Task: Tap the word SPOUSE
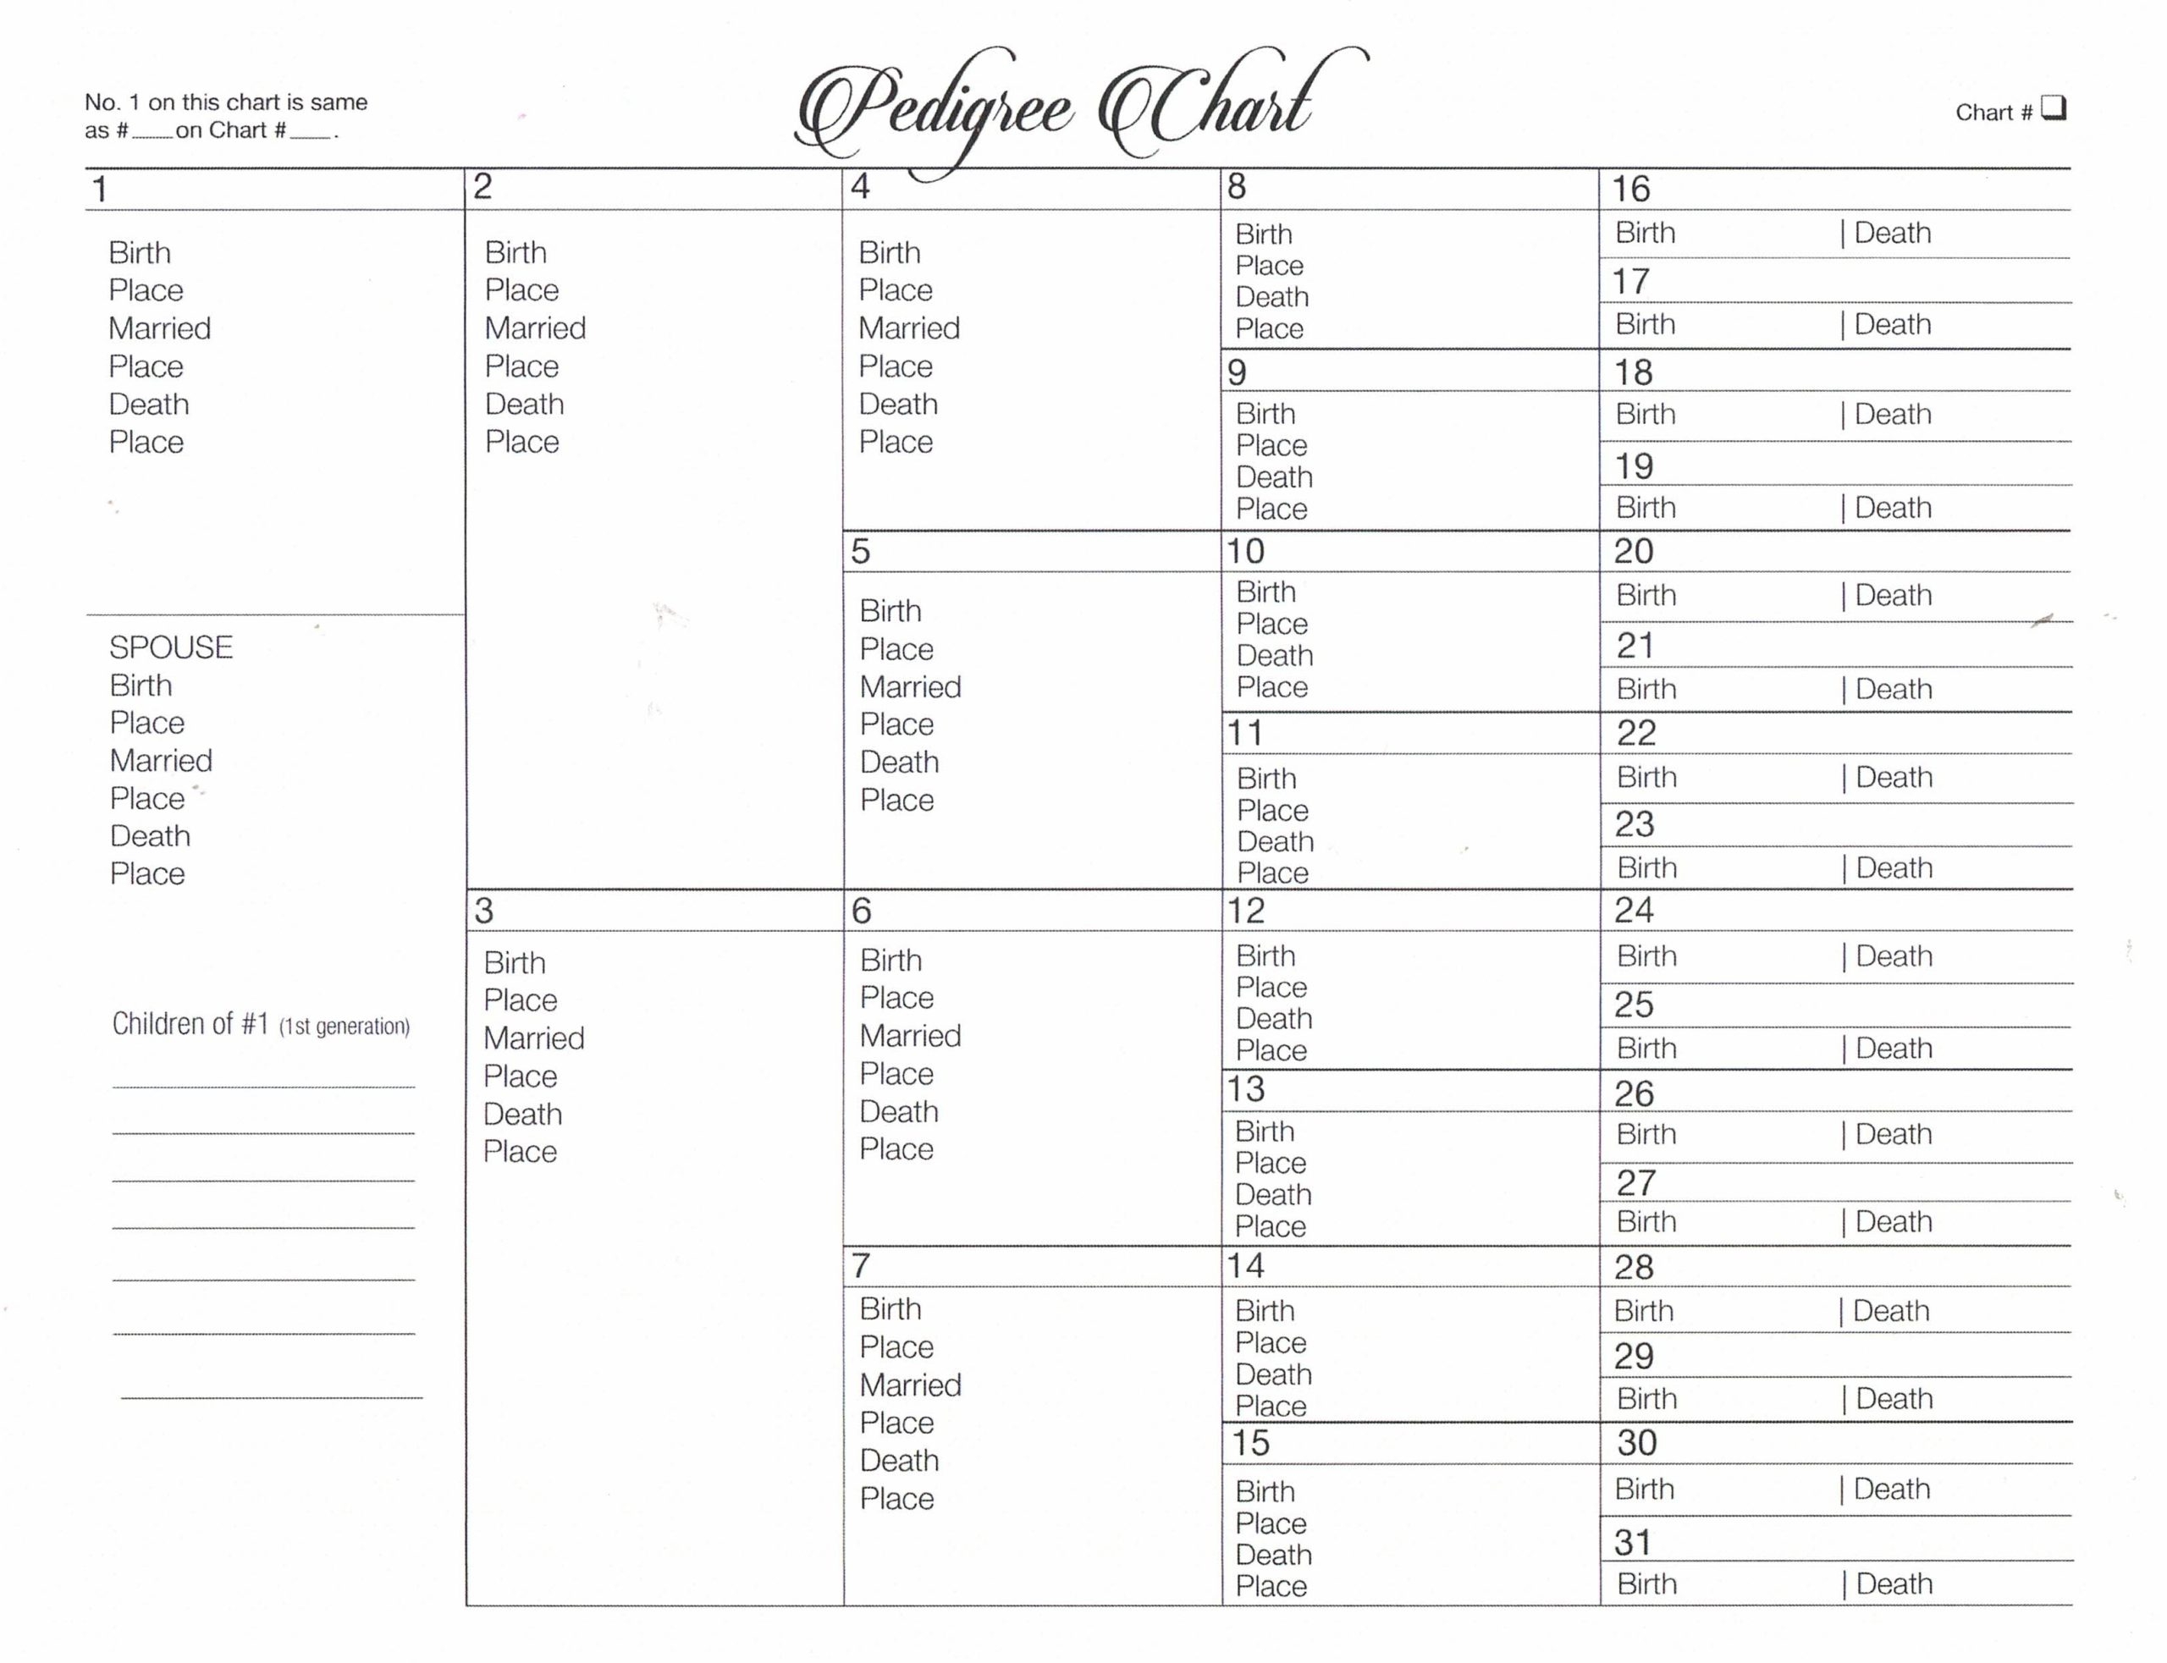(x=170, y=647)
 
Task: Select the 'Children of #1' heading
(x=261, y=1025)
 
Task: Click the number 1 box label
(x=99, y=189)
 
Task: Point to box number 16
(x=1630, y=189)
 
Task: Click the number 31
(x=1632, y=1542)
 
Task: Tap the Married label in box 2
(x=535, y=328)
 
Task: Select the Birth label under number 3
(x=514, y=962)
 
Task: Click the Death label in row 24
(x=1894, y=956)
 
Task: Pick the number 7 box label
(x=860, y=1265)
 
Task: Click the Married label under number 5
(x=910, y=687)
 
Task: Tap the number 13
(x=1245, y=1089)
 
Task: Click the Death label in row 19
(x=1893, y=508)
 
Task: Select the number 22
(x=1635, y=734)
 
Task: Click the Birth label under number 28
(x=1643, y=1311)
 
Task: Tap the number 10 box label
(x=1245, y=551)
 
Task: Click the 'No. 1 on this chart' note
(x=226, y=116)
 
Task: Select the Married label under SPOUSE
(x=160, y=760)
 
